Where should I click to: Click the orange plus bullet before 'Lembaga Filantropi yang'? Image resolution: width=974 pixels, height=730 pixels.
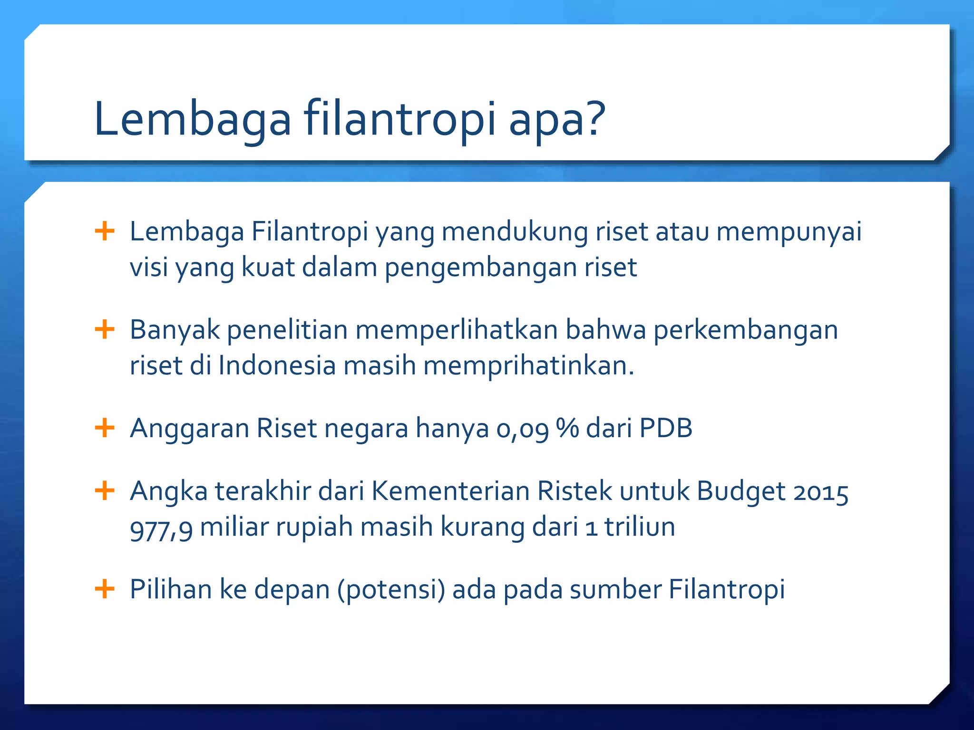pos(105,232)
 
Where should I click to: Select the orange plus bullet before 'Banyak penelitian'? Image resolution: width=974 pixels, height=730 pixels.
pos(105,330)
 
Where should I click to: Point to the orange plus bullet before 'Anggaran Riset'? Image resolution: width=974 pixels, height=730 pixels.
pos(105,428)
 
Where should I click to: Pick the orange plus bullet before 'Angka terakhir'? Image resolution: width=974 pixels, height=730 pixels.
pos(105,490)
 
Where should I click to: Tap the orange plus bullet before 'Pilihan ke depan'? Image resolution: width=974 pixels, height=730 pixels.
pos(105,589)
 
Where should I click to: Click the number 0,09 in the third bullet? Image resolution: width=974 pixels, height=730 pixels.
pos(522,429)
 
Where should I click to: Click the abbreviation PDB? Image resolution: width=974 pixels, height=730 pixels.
pos(665,428)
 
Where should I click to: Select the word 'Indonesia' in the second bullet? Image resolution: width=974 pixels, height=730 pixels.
pos(277,366)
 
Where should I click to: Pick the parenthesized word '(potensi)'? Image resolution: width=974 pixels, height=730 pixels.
pos(391,590)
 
